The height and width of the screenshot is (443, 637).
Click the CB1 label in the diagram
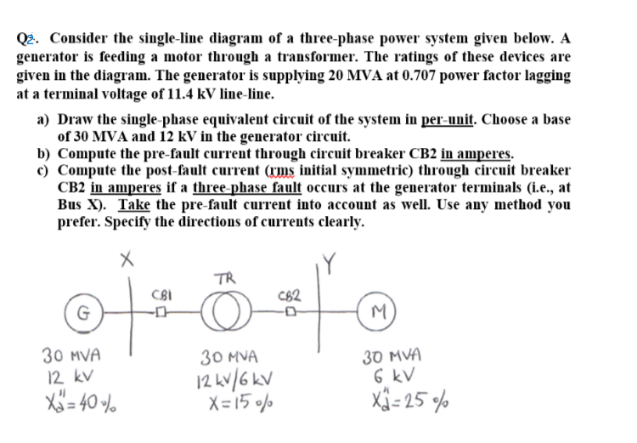[159, 295]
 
